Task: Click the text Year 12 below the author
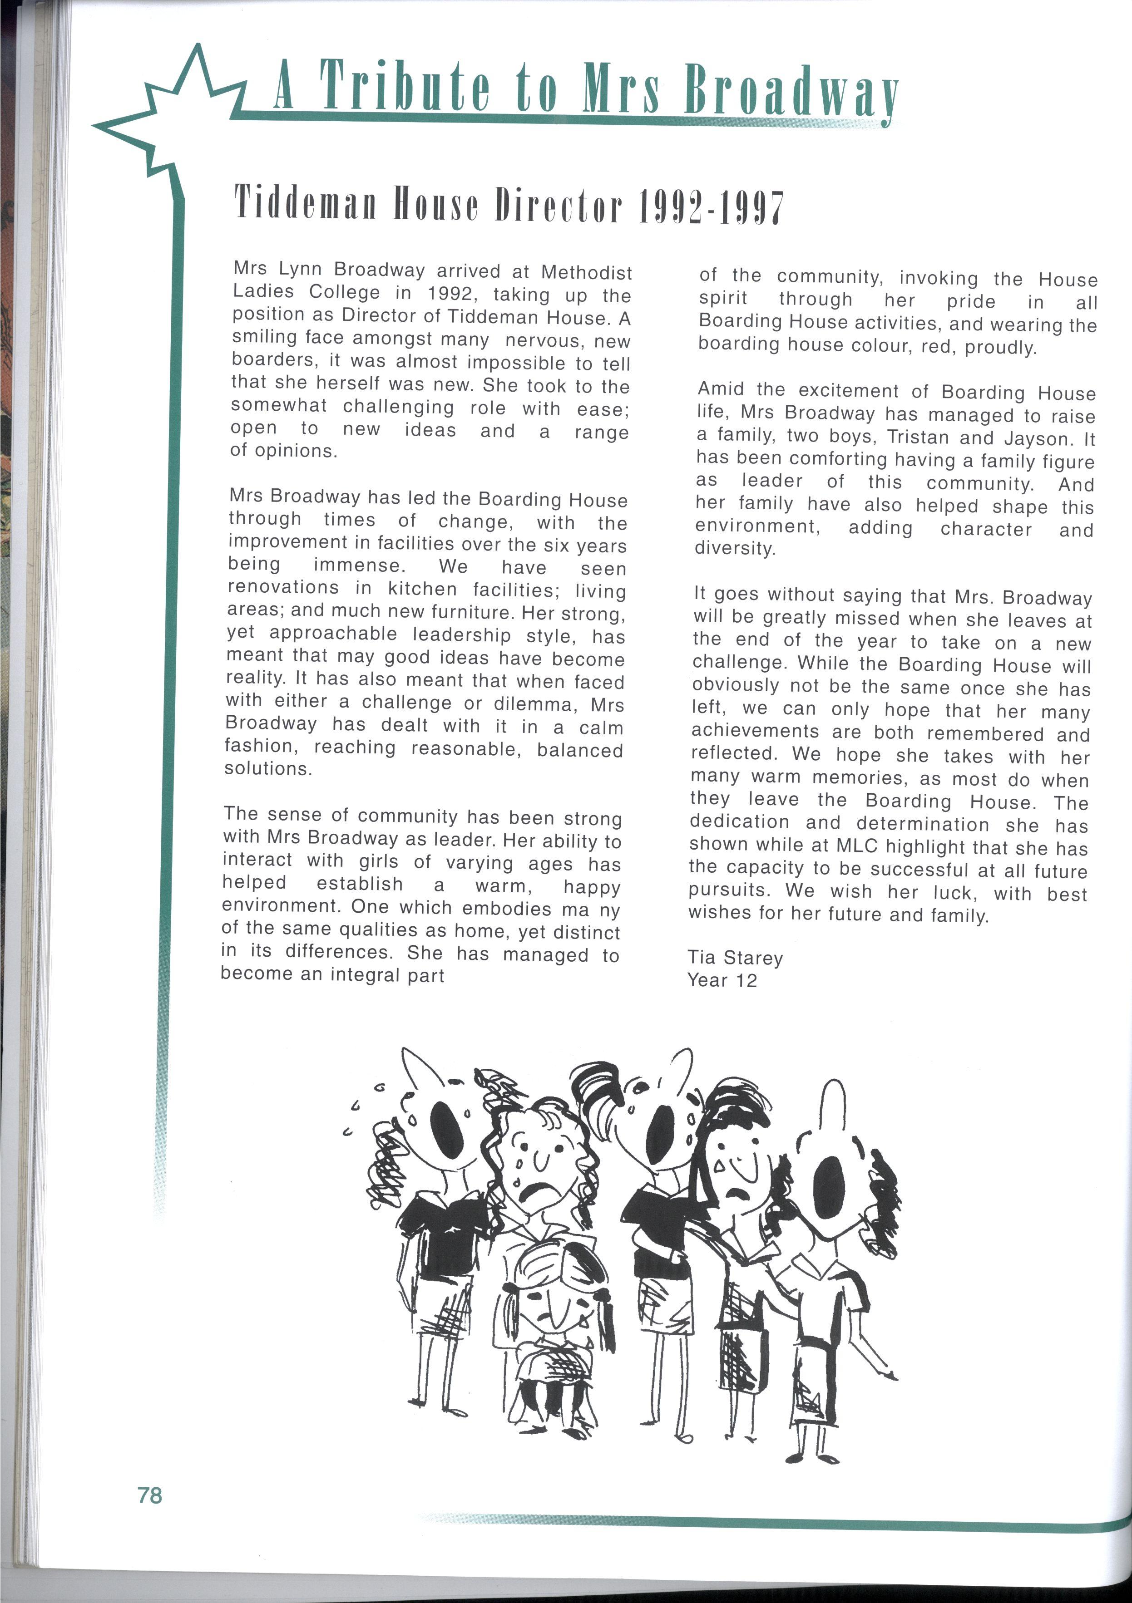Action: (x=722, y=980)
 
